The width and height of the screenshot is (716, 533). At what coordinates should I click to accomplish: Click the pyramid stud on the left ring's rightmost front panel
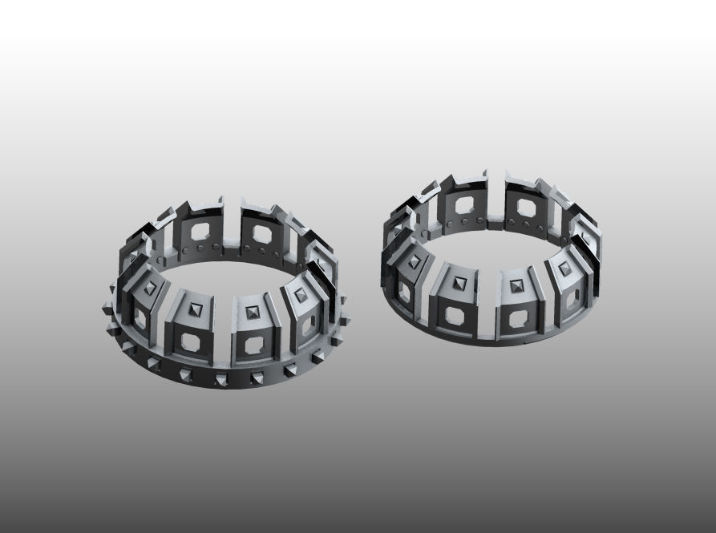(300, 294)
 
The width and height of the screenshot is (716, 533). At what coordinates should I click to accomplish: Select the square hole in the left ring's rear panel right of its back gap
(261, 234)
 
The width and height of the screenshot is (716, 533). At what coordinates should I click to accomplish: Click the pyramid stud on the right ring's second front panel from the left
(459, 281)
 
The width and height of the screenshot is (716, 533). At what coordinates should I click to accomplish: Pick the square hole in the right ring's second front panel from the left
(459, 318)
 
